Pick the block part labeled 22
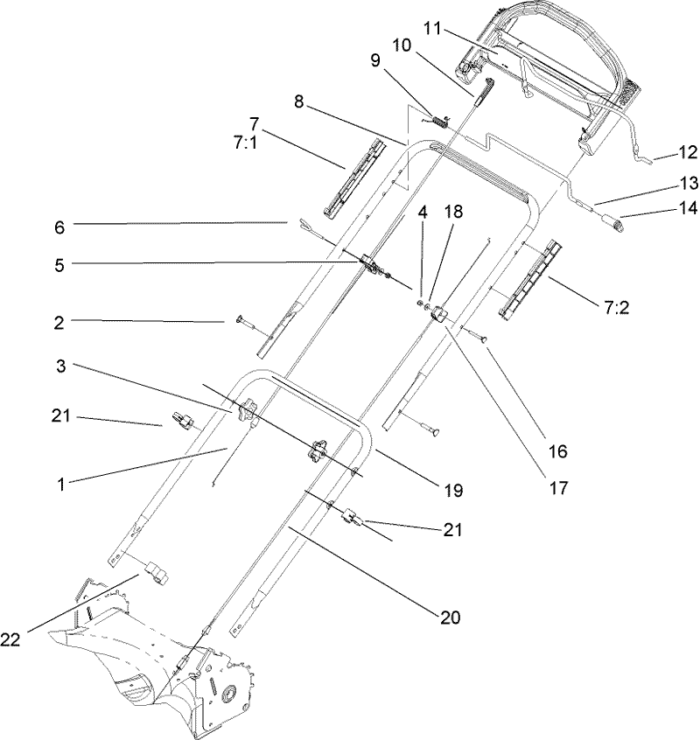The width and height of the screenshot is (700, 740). pos(157,574)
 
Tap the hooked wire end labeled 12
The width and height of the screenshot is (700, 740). pos(643,158)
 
